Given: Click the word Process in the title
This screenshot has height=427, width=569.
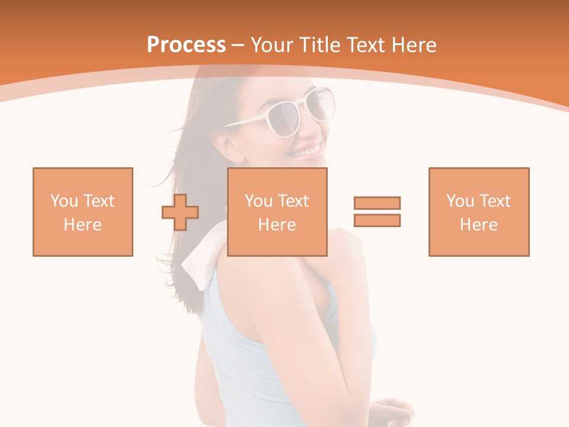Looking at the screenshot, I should [186, 45].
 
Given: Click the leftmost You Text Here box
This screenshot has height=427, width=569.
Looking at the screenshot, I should [83, 212].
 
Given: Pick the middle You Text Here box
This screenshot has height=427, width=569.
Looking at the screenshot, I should [277, 212].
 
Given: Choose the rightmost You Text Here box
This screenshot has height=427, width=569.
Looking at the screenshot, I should [479, 212].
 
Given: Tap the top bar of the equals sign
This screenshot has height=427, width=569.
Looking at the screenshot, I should [377, 203].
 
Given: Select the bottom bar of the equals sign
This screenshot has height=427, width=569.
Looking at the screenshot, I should [377, 220].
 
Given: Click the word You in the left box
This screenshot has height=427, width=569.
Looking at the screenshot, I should [64, 201].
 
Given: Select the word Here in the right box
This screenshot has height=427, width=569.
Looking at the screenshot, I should [479, 225].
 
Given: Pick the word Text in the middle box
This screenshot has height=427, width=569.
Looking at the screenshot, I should [293, 201].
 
